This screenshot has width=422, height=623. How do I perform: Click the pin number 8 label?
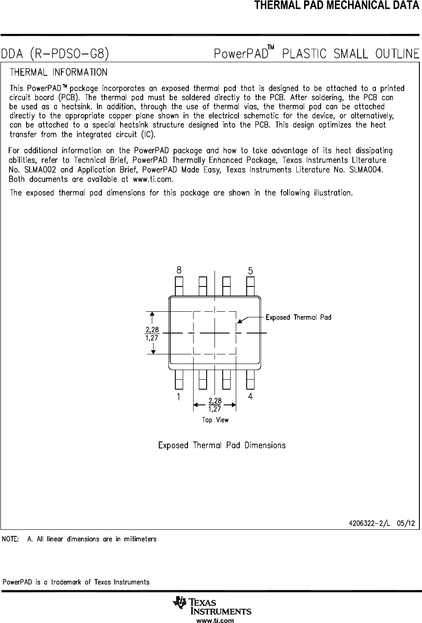[x=179, y=270]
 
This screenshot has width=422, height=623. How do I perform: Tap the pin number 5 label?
[x=251, y=270]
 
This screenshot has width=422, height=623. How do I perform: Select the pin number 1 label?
[x=179, y=397]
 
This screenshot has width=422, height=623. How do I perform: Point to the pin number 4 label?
[x=251, y=397]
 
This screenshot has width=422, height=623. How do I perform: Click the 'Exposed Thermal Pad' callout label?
[x=298, y=317]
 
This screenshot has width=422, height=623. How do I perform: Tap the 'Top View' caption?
[x=215, y=420]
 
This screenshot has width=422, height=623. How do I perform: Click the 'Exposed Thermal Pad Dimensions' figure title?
[x=222, y=445]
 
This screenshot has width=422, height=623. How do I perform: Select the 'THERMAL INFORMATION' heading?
[x=58, y=72]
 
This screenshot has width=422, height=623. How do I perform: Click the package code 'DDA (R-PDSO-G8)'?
[x=55, y=54]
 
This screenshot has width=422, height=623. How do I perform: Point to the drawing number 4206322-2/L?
[x=370, y=523]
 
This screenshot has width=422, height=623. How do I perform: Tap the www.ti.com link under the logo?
[x=215, y=620]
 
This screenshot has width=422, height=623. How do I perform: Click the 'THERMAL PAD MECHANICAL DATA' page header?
[x=338, y=6]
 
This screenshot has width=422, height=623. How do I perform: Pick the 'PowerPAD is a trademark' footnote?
[x=76, y=582]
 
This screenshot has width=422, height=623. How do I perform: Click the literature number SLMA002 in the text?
[x=36, y=170]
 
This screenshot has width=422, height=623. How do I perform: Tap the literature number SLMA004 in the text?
[x=366, y=170]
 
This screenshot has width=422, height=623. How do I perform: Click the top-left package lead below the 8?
[x=179, y=286]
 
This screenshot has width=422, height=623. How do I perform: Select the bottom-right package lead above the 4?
[x=250, y=379]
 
